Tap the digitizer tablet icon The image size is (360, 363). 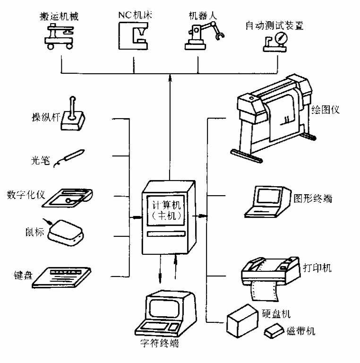click(70, 198)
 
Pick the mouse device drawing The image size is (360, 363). click(65, 232)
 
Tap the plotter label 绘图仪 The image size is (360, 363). click(326, 111)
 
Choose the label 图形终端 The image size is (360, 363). click(313, 199)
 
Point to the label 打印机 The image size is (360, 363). click(317, 268)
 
